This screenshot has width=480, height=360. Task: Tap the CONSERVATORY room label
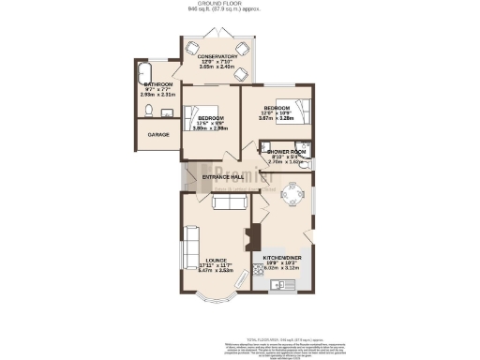tap(217, 56)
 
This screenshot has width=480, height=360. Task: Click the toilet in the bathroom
tap(150, 111)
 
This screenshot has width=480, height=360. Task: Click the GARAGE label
tap(158, 135)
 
